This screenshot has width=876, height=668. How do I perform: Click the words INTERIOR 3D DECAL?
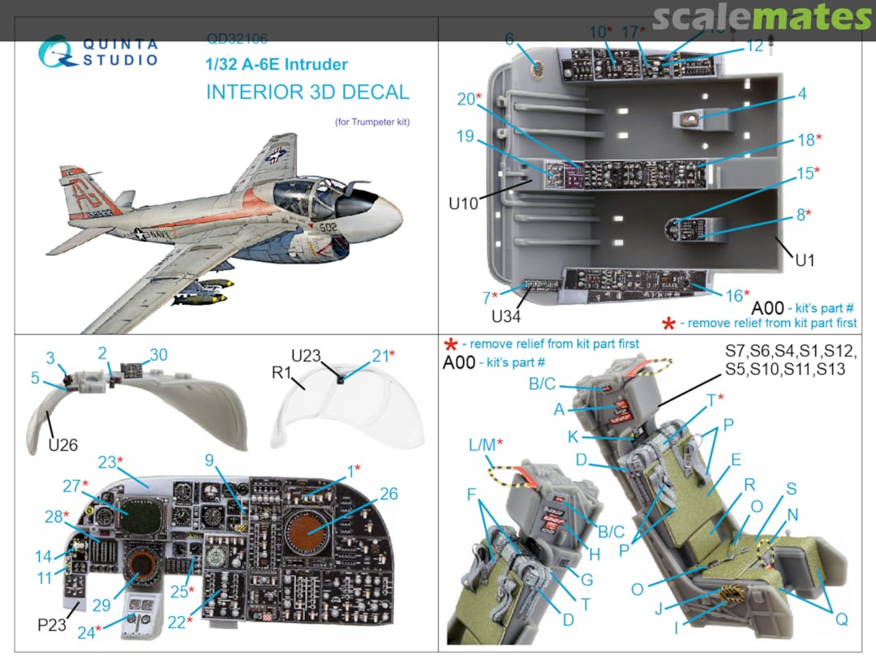307,92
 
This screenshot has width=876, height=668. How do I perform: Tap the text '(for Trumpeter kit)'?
372,122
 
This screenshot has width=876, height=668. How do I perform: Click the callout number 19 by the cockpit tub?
464,136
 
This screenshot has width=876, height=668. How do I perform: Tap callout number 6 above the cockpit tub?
509,39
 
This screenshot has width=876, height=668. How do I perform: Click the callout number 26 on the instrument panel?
389,493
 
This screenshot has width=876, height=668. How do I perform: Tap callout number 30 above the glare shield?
158,354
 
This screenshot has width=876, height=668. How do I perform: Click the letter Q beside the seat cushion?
841,619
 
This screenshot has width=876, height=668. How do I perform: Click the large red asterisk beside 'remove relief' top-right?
669,324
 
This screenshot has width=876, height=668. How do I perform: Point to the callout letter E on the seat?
735,459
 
